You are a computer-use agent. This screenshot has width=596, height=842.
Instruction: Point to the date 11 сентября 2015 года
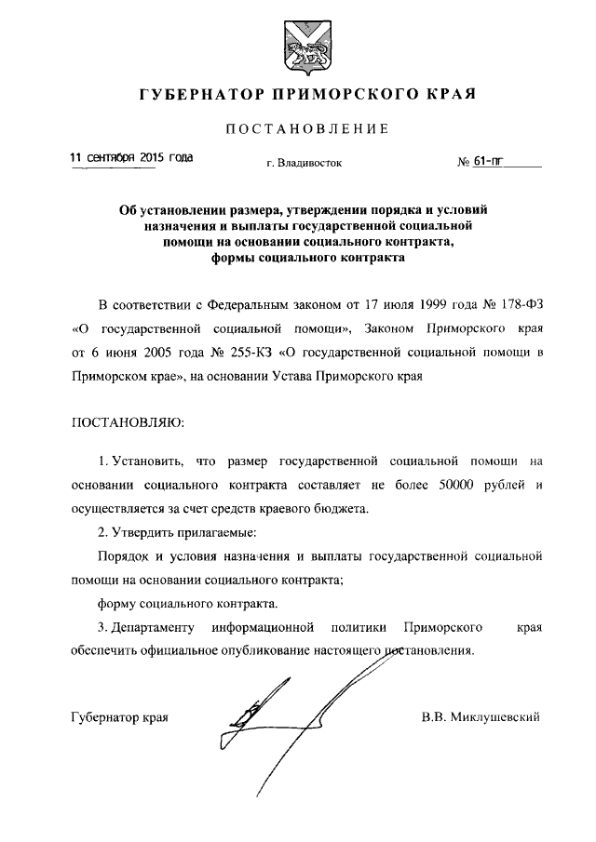point(132,158)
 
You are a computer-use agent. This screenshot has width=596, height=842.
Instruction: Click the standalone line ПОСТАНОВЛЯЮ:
point(129,423)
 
